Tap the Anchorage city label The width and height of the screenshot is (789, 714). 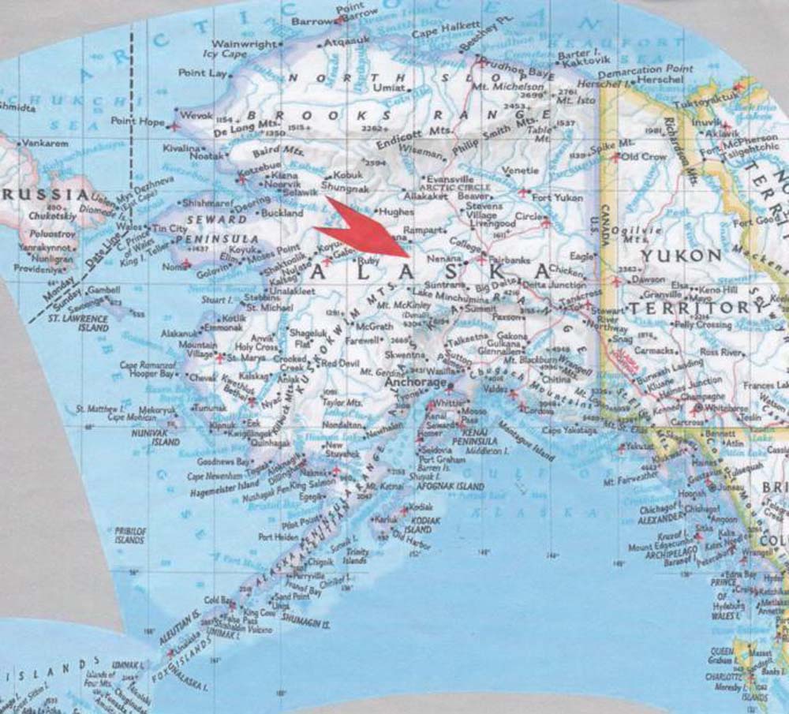[415, 383]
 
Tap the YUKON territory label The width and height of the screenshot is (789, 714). [681, 256]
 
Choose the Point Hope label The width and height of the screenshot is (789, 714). [136, 121]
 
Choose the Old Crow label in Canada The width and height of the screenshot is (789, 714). [644, 156]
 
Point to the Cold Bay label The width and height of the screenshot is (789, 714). [215, 600]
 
